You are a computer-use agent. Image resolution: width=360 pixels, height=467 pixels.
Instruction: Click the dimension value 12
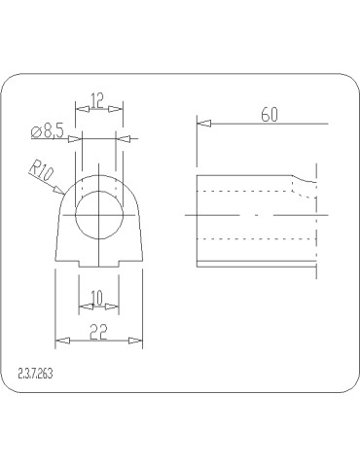click(x=97, y=100)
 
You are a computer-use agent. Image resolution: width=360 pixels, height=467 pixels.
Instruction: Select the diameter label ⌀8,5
click(x=49, y=131)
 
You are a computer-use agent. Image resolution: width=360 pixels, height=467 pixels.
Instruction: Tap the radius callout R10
click(x=42, y=170)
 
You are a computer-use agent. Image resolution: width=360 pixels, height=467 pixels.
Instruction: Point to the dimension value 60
click(x=270, y=115)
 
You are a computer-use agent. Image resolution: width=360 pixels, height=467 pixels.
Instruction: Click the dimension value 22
click(x=98, y=332)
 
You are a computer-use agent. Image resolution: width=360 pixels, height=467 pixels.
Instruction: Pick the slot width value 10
click(x=97, y=298)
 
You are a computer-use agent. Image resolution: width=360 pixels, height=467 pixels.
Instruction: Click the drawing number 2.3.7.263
click(x=35, y=375)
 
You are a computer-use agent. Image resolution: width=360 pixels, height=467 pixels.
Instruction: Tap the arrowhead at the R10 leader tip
click(x=59, y=190)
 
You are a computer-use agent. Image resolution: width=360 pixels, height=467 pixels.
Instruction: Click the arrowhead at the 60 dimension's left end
click(x=204, y=124)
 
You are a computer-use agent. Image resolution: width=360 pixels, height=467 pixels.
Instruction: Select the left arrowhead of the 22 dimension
click(x=62, y=341)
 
